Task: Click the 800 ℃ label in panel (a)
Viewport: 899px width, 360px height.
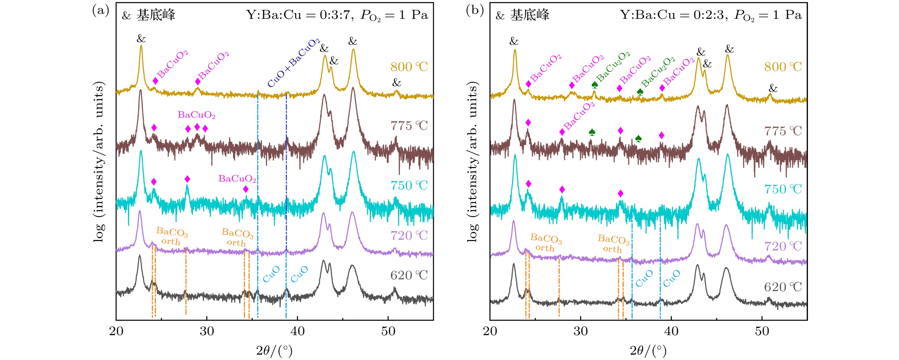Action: click(x=409, y=67)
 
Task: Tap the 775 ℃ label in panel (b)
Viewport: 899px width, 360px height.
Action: click(x=783, y=131)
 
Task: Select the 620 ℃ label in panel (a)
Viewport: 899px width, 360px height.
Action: click(x=409, y=276)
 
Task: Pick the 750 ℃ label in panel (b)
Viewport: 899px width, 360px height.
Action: click(x=783, y=189)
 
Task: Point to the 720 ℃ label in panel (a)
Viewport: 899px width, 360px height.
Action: click(x=409, y=236)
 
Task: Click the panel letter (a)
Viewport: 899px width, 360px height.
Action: click(x=100, y=10)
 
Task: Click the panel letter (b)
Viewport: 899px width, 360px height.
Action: click(x=475, y=10)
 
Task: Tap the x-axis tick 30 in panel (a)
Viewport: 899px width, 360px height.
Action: click(x=207, y=331)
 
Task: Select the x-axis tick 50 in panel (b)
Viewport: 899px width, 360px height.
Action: click(x=762, y=331)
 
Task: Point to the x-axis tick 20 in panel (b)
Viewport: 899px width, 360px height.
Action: click(x=490, y=331)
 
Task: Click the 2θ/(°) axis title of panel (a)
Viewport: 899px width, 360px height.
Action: click(x=274, y=350)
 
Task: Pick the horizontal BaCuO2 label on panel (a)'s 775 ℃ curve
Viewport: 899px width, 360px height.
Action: click(x=196, y=115)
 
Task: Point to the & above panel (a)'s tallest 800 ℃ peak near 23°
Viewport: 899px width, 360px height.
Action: click(x=141, y=38)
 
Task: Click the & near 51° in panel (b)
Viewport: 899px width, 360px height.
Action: click(x=773, y=88)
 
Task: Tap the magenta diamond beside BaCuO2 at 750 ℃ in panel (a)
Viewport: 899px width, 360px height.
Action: click(x=246, y=189)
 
